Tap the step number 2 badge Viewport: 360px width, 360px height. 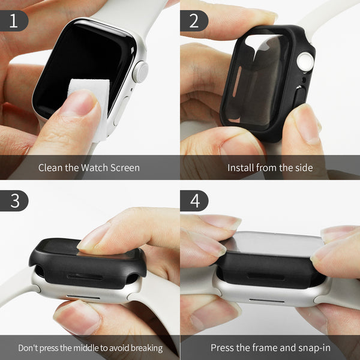pyautogui.click(x=194, y=21)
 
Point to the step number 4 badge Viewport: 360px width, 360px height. pyautogui.click(x=194, y=201)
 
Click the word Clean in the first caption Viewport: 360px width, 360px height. pyautogui.click(x=51, y=167)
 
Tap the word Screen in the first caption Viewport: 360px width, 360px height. pyautogui.click(x=124, y=167)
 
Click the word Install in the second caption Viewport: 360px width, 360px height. pyautogui.click(x=242, y=167)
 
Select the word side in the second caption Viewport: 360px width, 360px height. pyautogui.click(x=303, y=167)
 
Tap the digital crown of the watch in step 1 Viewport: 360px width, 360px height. pyautogui.click(x=140, y=72)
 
